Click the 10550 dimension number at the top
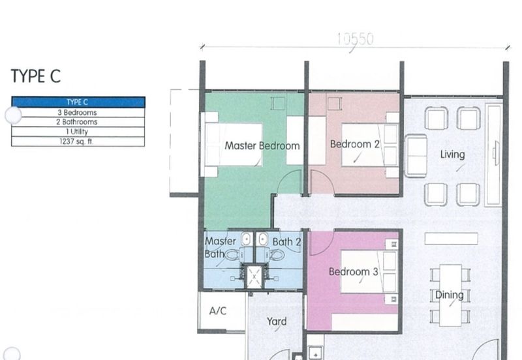tap(355, 39)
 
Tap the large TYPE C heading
tap(36, 76)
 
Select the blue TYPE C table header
tap(78, 102)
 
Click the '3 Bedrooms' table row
tap(78, 112)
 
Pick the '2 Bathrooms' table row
tap(78, 122)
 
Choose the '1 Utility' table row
tap(78, 132)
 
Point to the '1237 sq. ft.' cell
tap(78, 142)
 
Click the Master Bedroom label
tap(262, 145)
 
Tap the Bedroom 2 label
tap(354, 144)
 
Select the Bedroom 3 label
tap(353, 271)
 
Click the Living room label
tap(452, 155)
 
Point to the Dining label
tap(450, 295)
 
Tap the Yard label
tap(277, 322)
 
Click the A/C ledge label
tap(218, 310)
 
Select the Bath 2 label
tap(286, 242)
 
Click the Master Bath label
tap(220, 247)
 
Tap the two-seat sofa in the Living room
tap(416, 156)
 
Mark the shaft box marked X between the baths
tap(254, 276)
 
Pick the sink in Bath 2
tap(263, 239)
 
